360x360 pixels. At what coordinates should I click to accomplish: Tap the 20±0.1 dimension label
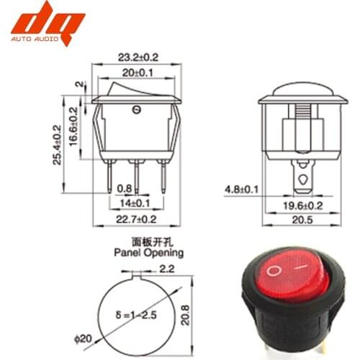coord(137,72)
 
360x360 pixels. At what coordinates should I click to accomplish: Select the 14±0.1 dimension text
coord(135,204)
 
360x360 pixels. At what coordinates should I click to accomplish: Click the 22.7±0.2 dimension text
coord(135,219)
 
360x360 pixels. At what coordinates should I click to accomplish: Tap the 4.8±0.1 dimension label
coord(242,189)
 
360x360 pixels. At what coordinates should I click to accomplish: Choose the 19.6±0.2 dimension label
coord(302,206)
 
